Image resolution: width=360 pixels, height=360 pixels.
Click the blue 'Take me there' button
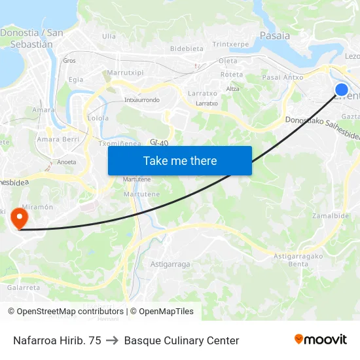(180, 160)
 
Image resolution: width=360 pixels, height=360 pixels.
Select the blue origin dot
(341, 90)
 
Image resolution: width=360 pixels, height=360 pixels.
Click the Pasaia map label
(275, 36)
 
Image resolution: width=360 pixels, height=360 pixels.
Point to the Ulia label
(109, 37)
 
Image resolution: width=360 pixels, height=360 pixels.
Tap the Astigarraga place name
(170, 264)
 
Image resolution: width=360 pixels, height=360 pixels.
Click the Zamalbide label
(330, 215)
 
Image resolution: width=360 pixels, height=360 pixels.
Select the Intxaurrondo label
(142, 100)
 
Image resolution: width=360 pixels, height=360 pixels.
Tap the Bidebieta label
(187, 48)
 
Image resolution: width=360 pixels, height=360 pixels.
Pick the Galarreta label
(24, 287)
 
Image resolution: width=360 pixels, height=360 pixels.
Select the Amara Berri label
(58, 139)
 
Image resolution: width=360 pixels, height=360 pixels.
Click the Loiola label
(98, 118)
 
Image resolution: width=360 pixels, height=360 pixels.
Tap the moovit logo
(320, 339)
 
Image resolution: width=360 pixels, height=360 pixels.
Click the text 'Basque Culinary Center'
(181, 340)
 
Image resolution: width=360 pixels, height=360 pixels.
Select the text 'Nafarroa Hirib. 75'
(57, 340)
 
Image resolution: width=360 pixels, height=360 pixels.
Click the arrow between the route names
(113, 340)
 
